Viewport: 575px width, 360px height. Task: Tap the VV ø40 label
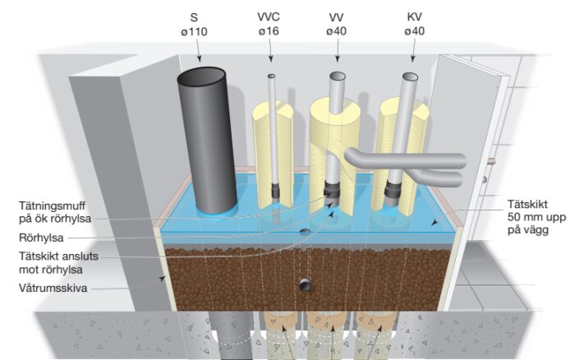point(337,24)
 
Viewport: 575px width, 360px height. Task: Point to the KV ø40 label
point(414,24)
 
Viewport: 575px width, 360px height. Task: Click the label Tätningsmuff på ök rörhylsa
point(63,212)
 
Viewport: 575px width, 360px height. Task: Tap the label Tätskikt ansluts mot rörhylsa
point(66,262)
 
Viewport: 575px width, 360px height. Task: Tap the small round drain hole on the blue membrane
point(305,232)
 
